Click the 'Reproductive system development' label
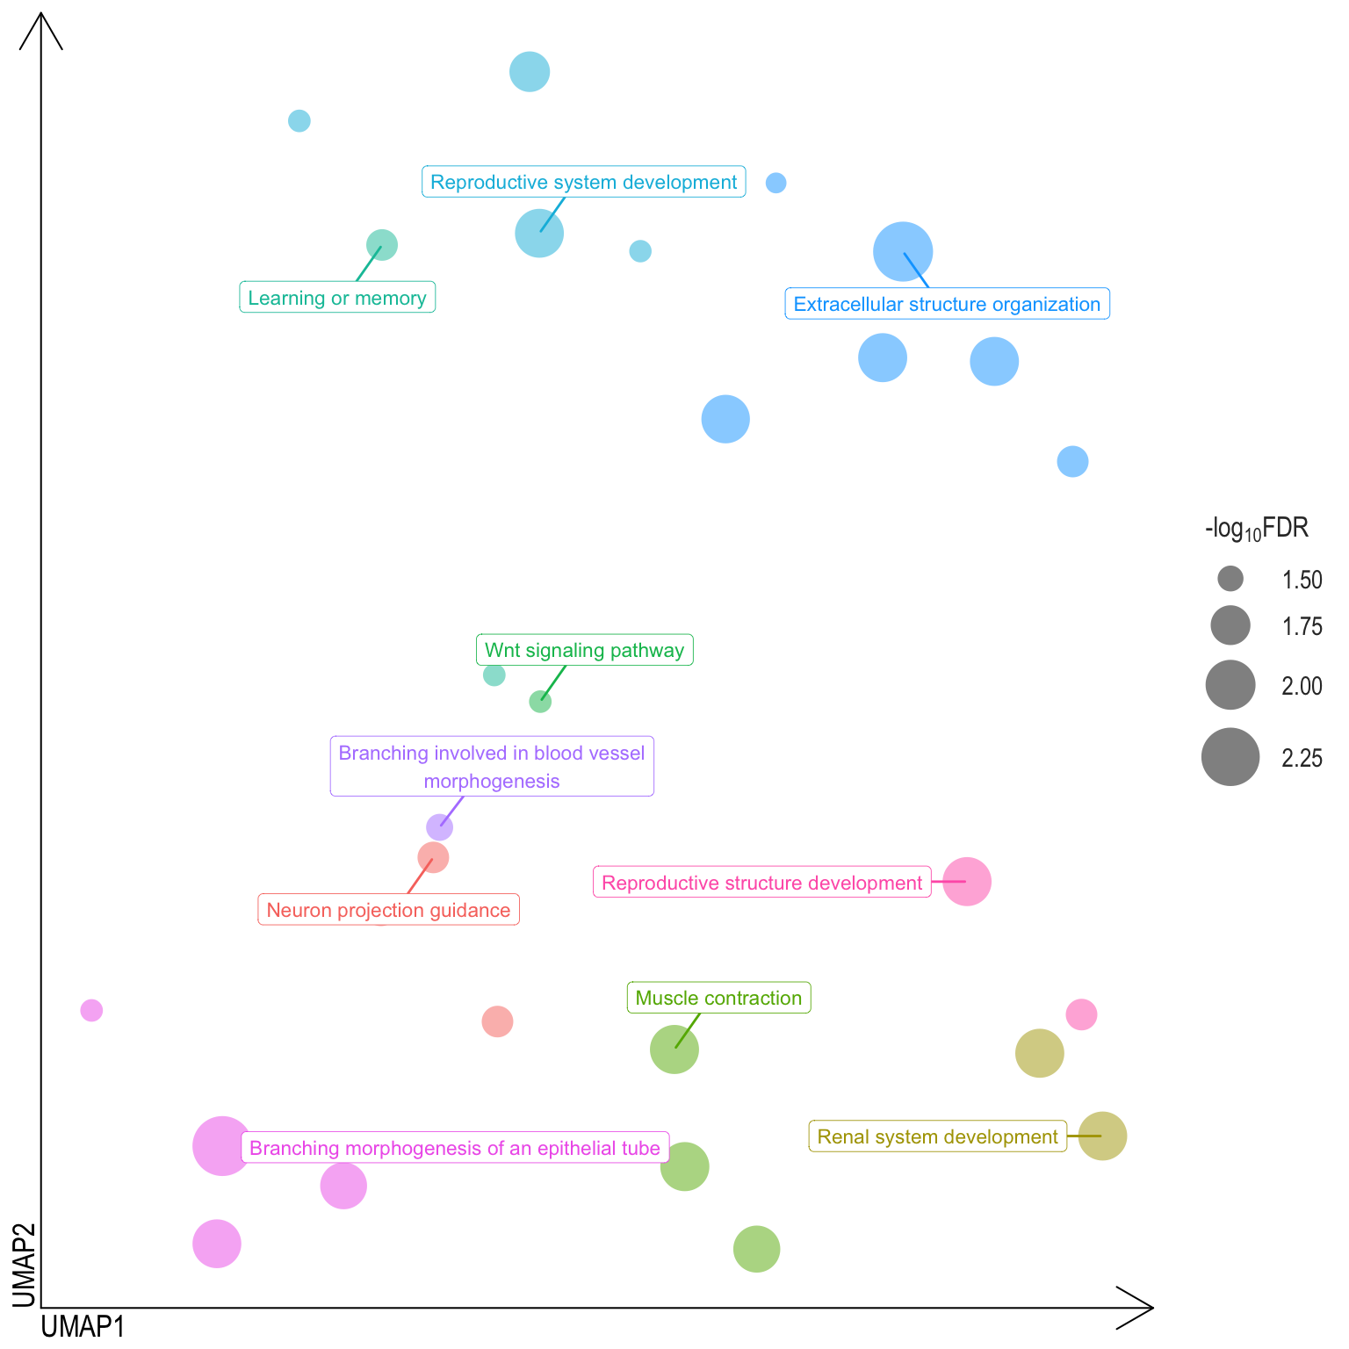pos(583,182)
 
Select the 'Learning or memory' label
pos(337,298)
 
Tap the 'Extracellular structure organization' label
pos(947,304)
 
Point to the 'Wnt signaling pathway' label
pos(584,650)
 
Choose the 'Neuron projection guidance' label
pos(388,910)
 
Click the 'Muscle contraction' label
pos(718,998)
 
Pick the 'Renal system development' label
pos(937,1136)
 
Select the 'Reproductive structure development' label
pos(761,883)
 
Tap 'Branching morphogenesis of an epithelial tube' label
pos(455,1148)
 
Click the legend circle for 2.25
pos(1230,757)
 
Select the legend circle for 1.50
pos(1230,579)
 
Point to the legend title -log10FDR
pos(1257,529)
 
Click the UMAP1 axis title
pos(83,1326)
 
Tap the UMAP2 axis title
pos(24,1265)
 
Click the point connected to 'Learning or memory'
pos(382,244)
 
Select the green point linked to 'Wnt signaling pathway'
pos(540,702)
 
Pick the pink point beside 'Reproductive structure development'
pos(967,882)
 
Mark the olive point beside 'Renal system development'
pos(1102,1136)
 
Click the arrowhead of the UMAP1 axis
pos(1142,1308)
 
